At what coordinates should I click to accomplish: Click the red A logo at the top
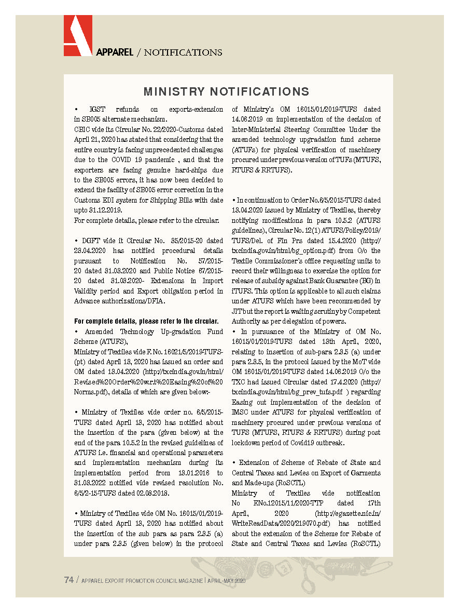pyautogui.click(x=78, y=35)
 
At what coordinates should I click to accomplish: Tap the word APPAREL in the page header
pyautogui.click(x=115, y=52)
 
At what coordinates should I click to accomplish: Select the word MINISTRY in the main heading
pyautogui.click(x=174, y=92)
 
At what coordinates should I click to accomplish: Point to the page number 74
pyautogui.click(x=68, y=580)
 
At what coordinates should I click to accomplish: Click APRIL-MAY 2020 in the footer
pyautogui.click(x=226, y=581)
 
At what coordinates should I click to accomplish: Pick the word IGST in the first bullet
pyautogui.click(x=97, y=110)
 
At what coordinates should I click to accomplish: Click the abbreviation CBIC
pyautogui.click(x=83, y=130)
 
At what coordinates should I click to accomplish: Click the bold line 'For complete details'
pyautogui.click(x=146, y=321)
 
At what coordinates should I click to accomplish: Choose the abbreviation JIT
pyautogui.click(x=237, y=311)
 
